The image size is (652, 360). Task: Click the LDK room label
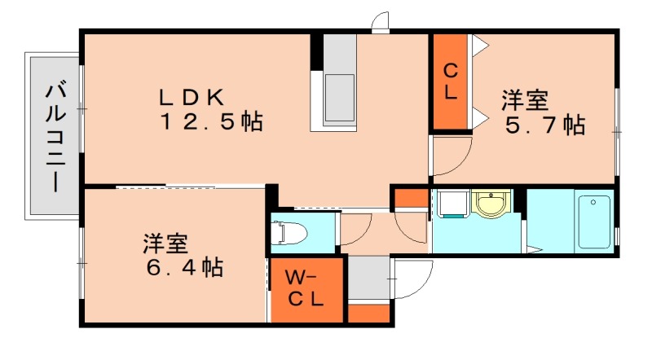click(x=191, y=97)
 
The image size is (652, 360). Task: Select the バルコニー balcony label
click(x=55, y=135)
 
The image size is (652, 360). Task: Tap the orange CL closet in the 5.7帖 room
click(x=449, y=81)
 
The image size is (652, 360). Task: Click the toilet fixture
click(x=292, y=233)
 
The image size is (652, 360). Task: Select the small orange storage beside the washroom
click(x=410, y=198)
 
